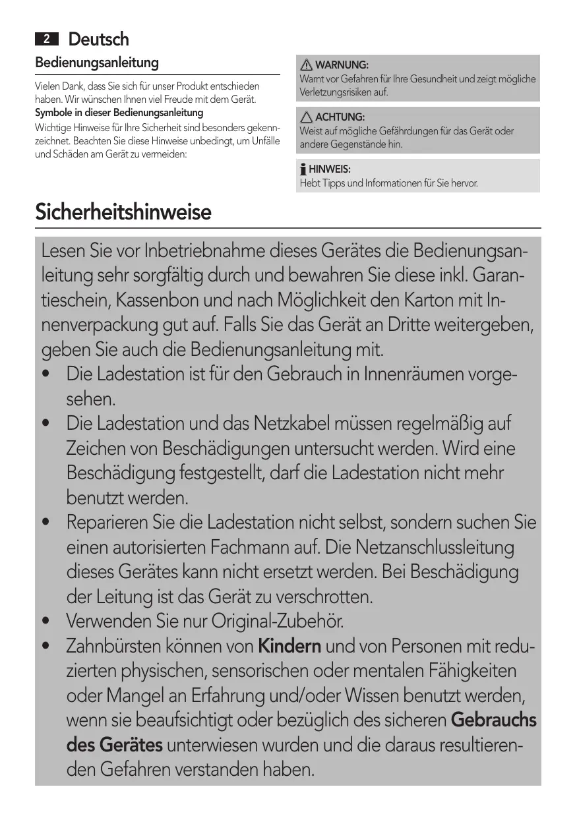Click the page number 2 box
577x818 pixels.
point(46,40)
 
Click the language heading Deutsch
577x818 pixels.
point(99,40)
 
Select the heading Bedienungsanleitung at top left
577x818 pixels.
point(97,63)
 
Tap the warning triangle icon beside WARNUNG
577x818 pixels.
point(307,65)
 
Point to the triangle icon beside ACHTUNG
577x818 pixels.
point(307,117)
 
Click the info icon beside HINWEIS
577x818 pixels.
point(303,169)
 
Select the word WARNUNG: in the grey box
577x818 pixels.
point(342,65)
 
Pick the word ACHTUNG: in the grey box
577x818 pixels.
point(340,117)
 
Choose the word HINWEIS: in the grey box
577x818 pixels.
point(330,169)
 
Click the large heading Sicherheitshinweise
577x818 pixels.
point(123,213)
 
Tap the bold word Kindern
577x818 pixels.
point(289,646)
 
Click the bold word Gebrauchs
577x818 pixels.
point(493,720)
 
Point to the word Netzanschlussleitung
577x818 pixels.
point(435,547)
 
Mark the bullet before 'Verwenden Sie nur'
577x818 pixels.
point(46,622)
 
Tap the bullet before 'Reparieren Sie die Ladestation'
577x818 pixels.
point(46,523)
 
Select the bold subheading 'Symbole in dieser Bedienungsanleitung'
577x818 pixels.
point(119,113)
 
